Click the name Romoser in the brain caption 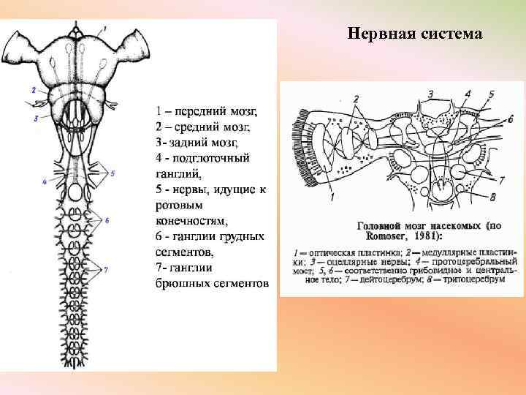(381, 237)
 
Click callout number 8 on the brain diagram (493, 196)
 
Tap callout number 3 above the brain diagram (431, 94)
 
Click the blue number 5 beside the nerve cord (113, 173)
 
